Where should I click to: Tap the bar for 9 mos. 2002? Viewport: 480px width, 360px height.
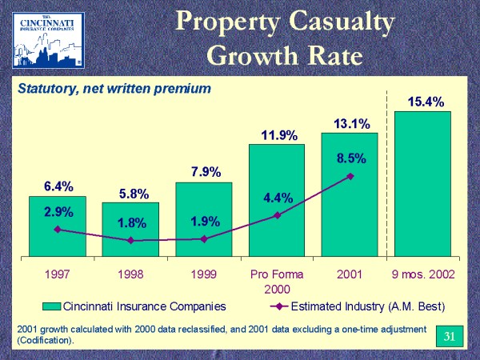[423, 184]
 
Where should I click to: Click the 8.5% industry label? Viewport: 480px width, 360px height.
[350, 159]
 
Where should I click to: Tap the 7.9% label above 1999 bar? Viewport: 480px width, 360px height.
[204, 172]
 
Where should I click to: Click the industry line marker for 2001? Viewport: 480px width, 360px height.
[350, 176]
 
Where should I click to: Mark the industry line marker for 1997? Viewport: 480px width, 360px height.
[57, 230]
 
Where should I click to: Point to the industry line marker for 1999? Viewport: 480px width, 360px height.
[204, 238]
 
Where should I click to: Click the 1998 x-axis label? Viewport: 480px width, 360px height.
[130, 274]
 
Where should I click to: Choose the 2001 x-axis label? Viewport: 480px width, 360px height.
[350, 274]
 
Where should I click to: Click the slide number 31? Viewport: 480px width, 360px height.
[449, 334]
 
